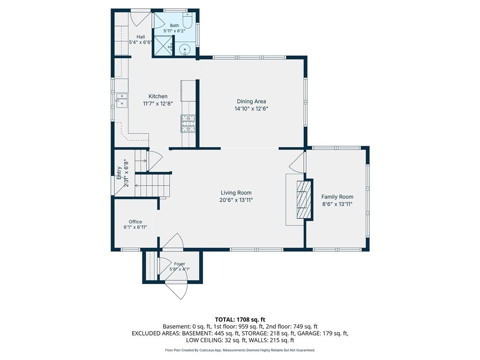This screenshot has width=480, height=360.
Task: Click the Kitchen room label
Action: pyautogui.click(x=158, y=97)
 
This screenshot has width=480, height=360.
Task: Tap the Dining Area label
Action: pyautogui.click(x=251, y=101)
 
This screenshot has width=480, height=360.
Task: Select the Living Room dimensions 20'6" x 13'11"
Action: pyautogui.click(x=236, y=200)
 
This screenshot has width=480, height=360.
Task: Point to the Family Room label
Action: pyautogui.click(x=337, y=197)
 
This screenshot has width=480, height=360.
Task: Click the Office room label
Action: pyautogui.click(x=135, y=222)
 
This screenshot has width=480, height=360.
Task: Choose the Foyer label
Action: pyautogui.click(x=180, y=264)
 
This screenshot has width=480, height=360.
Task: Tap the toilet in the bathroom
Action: pyautogui.click(x=187, y=20)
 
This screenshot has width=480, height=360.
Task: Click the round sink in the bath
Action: pyautogui.click(x=185, y=49)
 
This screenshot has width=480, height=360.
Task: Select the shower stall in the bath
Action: pyautogui.click(x=163, y=46)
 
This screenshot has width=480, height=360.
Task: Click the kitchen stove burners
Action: pyautogui.click(x=188, y=123)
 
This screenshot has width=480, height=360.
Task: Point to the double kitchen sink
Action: pyautogui.click(x=121, y=100)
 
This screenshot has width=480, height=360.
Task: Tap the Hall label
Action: pyautogui.click(x=141, y=37)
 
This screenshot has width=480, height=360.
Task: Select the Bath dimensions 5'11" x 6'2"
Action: pyautogui.click(x=174, y=30)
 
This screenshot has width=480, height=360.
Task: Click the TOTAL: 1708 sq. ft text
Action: pyautogui.click(x=240, y=320)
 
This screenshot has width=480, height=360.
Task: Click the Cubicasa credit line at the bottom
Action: pyautogui.click(x=240, y=350)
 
